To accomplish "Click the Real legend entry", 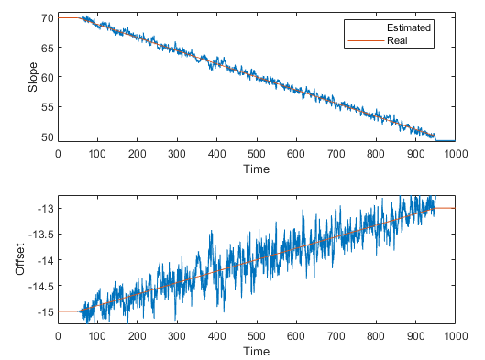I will pos(398,41).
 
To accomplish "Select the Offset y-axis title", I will pos(20,259).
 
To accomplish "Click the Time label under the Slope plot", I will pos(257,169).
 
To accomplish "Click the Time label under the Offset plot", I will pos(257,352).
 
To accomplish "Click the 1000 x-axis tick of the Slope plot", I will pos(455,155).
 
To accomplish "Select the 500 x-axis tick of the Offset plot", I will pos(257,336).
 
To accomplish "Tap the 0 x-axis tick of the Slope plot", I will pos(58,155).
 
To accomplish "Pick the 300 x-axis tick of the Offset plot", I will pos(177,336).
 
